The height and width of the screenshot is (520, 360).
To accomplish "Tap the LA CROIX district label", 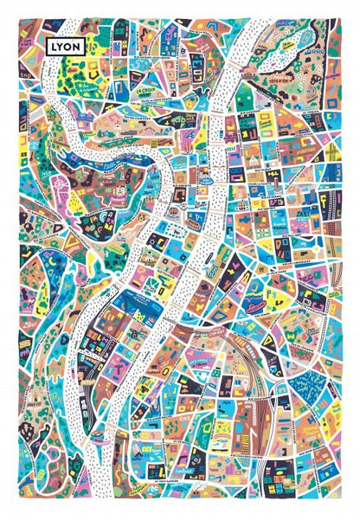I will (145, 87).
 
